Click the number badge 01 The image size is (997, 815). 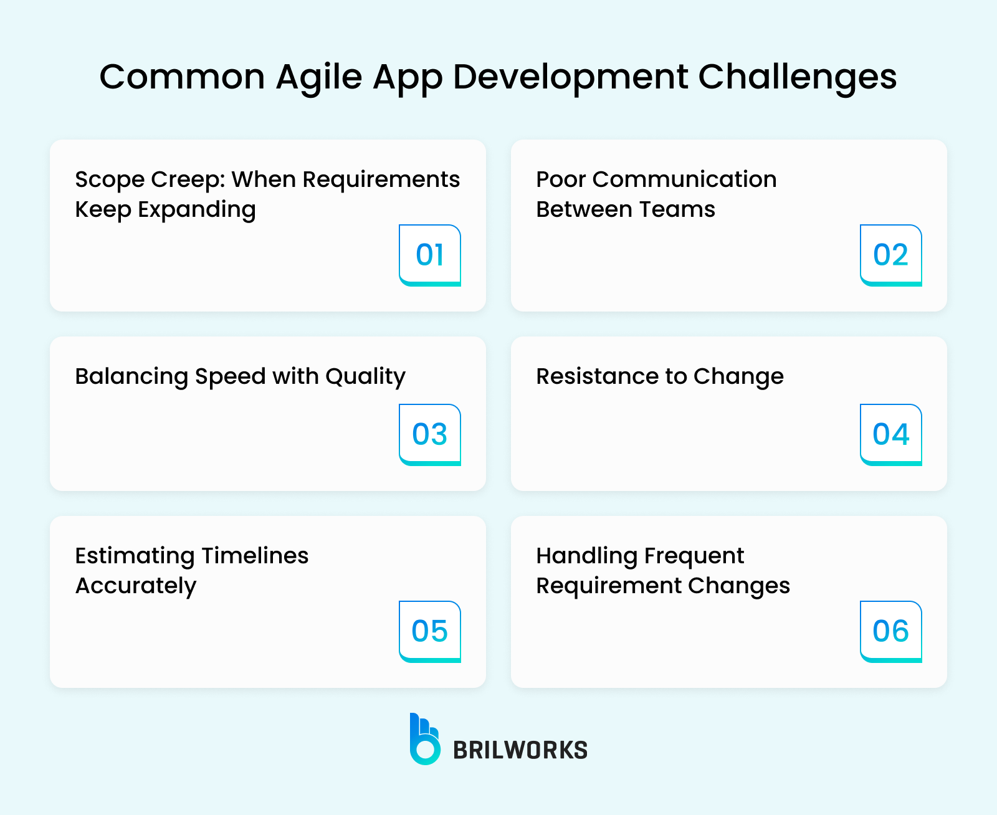(430, 255)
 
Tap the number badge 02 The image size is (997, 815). (890, 255)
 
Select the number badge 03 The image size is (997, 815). (430, 434)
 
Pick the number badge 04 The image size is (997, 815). (890, 434)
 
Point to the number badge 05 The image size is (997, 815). (430, 631)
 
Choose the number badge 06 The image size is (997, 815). (890, 631)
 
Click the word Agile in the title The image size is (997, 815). (319, 78)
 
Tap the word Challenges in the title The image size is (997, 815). (797, 78)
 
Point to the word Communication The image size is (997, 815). (684, 179)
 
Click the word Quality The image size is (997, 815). (365, 377)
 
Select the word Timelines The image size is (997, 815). (255, 556)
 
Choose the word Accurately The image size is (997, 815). (136, 586)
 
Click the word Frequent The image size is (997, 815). (694, 556)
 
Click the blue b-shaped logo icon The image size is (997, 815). (424, 740)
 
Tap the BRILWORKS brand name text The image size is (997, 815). (520, 750)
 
